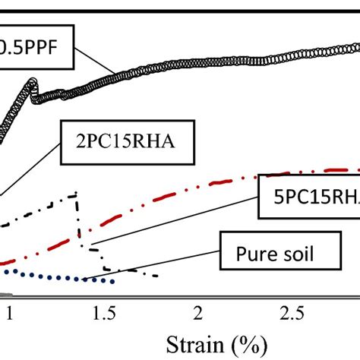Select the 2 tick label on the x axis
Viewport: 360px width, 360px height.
[199, 313]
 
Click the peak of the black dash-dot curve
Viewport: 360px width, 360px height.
[77, 194]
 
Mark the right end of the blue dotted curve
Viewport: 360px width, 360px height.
[114, 283]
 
